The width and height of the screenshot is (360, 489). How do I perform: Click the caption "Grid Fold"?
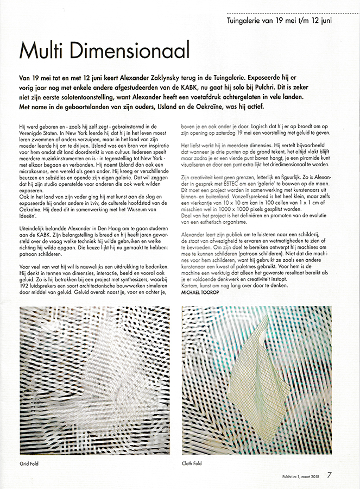point(30,463)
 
